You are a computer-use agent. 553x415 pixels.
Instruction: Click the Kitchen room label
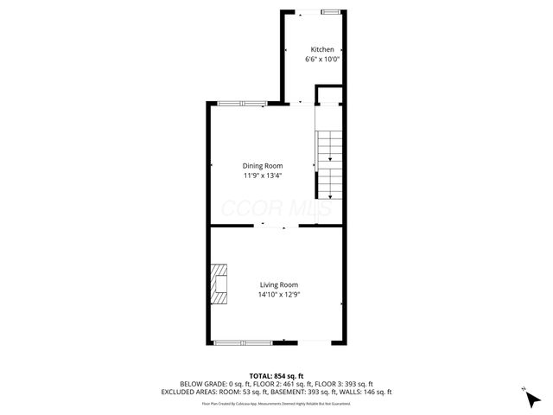[x=321, y=50]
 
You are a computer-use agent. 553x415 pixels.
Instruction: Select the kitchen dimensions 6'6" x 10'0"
[x=321, y=60]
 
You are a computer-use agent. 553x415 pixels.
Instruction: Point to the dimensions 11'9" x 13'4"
[x=263, y=176]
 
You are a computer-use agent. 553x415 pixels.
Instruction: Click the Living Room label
[x=279, y=284]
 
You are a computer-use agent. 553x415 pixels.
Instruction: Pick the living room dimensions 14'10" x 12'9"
[x=279, y=294]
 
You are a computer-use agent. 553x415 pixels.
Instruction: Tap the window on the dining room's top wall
[x=241, y=104]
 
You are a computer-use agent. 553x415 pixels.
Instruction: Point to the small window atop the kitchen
[x=330, y=12]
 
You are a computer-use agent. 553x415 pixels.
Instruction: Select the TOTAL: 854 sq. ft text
[x=276, y=375]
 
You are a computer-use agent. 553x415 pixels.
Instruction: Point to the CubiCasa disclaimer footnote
[x=276, y=403]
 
